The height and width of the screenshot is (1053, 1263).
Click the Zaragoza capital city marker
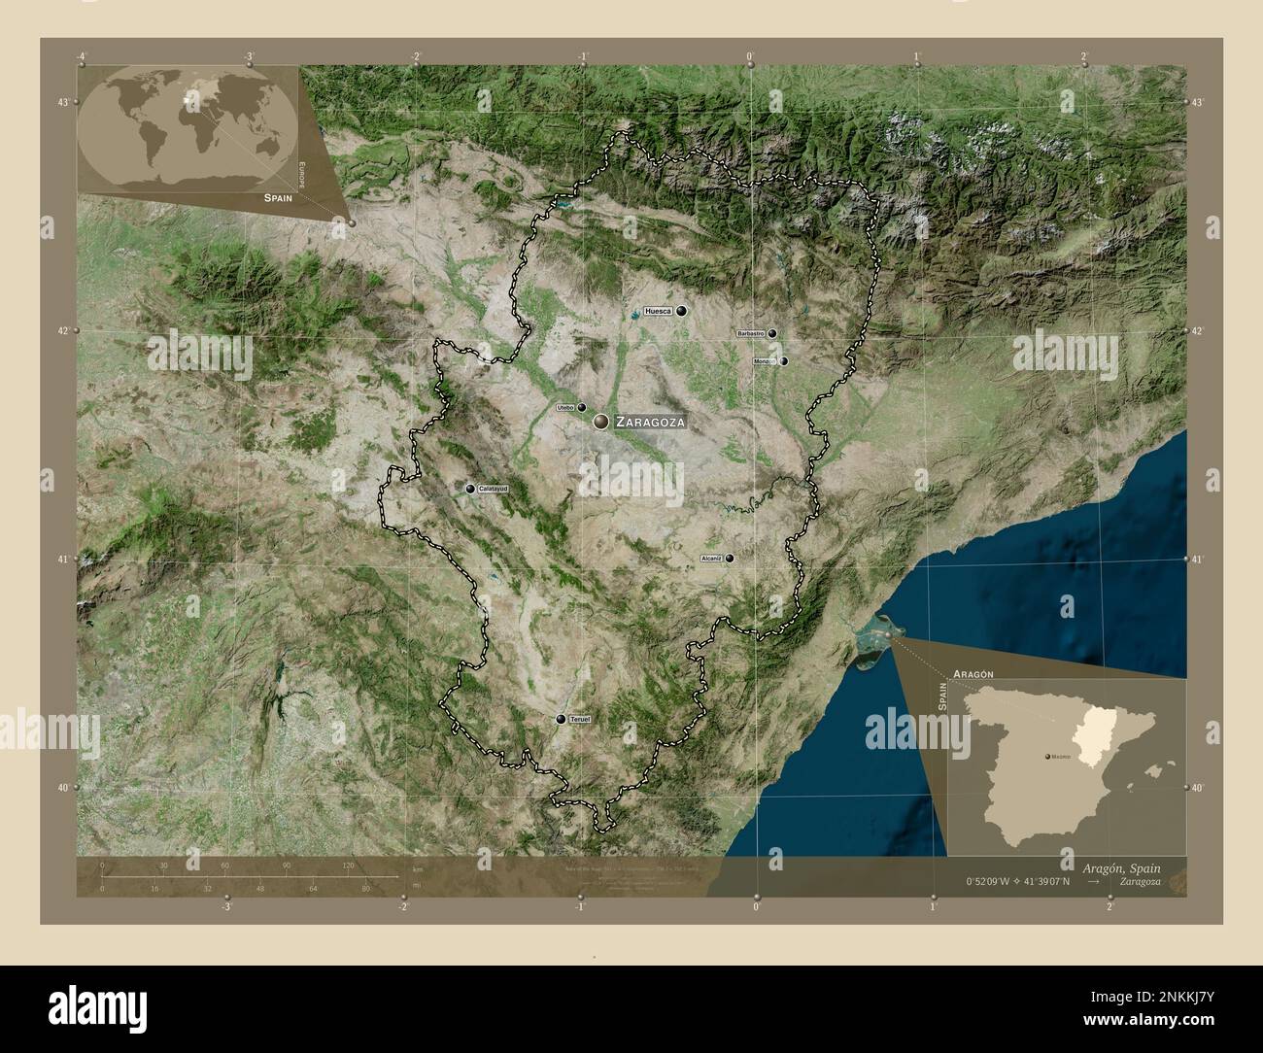click(601, 421)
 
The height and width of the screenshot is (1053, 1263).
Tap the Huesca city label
click(658, 312)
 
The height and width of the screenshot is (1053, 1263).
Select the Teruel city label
click(580, 719)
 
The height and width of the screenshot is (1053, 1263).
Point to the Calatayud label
click(493, 489)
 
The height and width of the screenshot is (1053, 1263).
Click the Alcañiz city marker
click(730, 558)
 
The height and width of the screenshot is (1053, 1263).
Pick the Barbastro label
click(751, 333)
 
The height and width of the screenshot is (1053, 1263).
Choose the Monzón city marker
click(783, 361)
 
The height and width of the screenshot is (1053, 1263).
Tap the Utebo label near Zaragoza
click(565, 408)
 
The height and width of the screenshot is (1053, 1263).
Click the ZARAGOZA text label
click(650, 423)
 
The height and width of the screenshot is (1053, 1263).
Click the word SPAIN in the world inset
click(278, 196)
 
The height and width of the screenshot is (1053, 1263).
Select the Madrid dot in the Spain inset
click(1046, 755)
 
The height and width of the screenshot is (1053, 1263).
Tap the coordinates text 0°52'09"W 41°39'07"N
click(1017, 882)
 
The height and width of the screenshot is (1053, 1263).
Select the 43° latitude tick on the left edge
click(65, 102)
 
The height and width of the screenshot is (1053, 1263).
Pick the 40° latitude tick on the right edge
click(1198, 788)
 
